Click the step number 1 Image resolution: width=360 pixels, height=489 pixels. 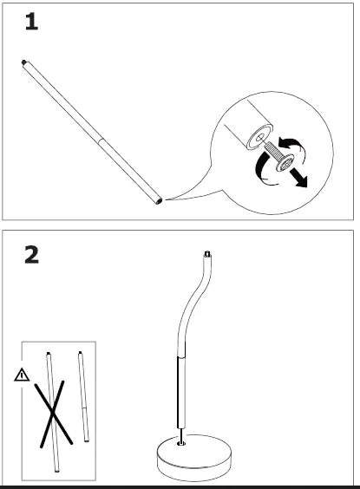(31, 23)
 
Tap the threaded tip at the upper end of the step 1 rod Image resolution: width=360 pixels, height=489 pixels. (23, 62)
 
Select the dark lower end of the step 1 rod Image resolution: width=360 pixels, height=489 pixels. (158, 202)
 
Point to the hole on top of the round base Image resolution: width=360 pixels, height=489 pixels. (180, 443)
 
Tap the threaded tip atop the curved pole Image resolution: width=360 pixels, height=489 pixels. (207, 253)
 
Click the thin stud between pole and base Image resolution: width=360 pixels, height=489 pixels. (180, 433)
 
